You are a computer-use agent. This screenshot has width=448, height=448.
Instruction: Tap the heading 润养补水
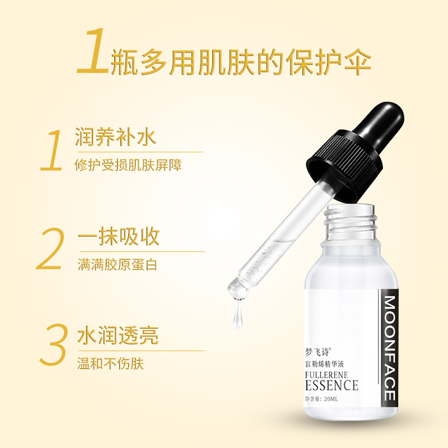tap(116, 137)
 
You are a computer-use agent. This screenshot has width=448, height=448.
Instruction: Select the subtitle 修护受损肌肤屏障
tap(128, 165)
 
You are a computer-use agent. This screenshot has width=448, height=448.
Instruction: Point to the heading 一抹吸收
tap(119, 236)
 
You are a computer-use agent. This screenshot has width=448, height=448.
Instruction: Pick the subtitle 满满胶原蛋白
tap(118, 264)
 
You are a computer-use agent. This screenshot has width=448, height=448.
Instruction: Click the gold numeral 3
tap(54, 344)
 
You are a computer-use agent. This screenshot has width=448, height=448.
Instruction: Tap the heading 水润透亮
tap(118, 335)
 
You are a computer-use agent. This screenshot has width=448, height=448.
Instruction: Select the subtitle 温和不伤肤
tap(110, 363)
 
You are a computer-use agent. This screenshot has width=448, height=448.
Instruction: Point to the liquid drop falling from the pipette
tap(238, 314)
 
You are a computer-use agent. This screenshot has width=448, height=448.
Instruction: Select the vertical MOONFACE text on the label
tap(389, 348)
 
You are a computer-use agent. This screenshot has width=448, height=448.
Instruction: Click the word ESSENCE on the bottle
tap(332, 385)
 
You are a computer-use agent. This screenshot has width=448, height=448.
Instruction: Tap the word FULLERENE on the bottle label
tap(326, 375)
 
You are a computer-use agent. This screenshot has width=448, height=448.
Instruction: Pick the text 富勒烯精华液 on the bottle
tap(324, 364)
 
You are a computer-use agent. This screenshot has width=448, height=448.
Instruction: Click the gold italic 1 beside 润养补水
tap(52, 150)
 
